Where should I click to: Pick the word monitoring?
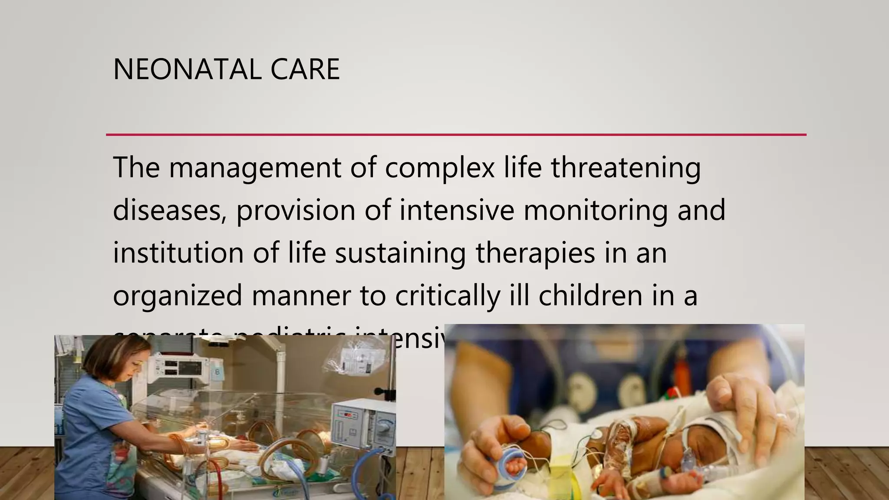596,211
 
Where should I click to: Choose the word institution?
178,253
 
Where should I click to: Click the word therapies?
535,253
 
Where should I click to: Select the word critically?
448,296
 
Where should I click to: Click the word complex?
440,168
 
